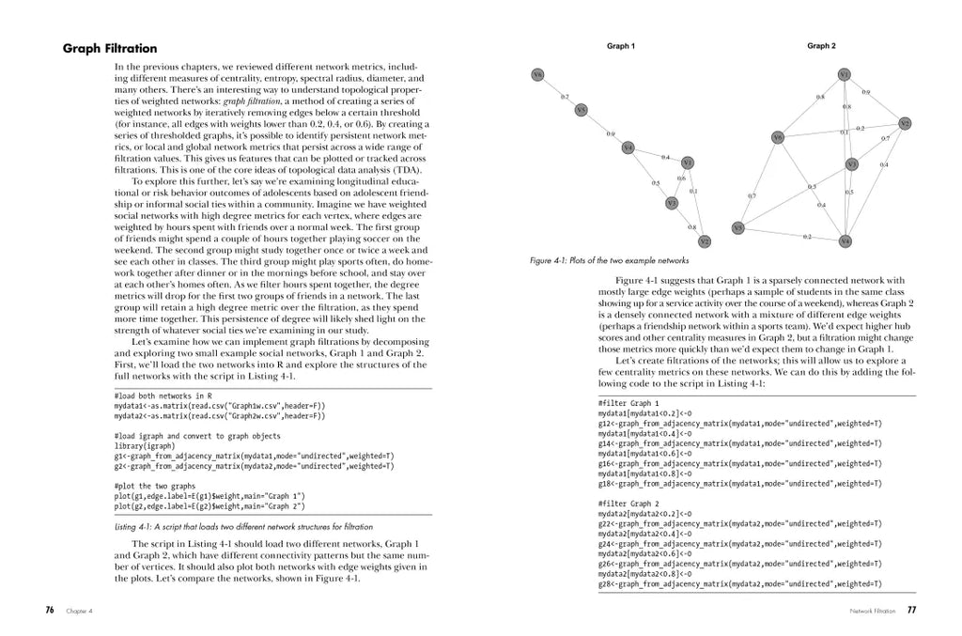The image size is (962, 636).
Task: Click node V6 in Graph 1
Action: (x=537, y=74)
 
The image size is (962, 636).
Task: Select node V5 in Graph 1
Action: (x=582, y=110)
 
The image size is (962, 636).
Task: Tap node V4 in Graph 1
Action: (x=628, y=147)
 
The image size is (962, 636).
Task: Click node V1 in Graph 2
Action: (x=844, y=74)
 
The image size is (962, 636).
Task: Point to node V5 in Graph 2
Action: (x=738, y=227)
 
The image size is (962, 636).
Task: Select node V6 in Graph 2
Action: (x=777, y=138)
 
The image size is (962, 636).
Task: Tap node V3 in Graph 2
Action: (x=851, y=164)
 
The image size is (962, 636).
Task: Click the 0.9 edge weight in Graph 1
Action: (x=611, y=134)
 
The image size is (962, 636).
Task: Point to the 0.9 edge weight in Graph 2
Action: (x=865, y=92)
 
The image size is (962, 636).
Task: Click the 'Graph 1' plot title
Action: (x=620, y=46)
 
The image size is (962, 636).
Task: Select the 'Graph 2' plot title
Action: (x=821, y=46)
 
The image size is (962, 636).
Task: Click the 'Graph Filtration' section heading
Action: (x=110, y=49)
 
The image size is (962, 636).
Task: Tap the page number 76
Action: (x=50, y=610)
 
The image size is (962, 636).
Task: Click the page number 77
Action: (x=911, y=610)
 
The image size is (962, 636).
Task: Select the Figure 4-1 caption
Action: (x=609, y=260)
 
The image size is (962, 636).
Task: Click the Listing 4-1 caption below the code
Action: (x=243, y=526)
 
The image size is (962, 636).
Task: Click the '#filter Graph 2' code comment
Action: (x=628, y=504)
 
